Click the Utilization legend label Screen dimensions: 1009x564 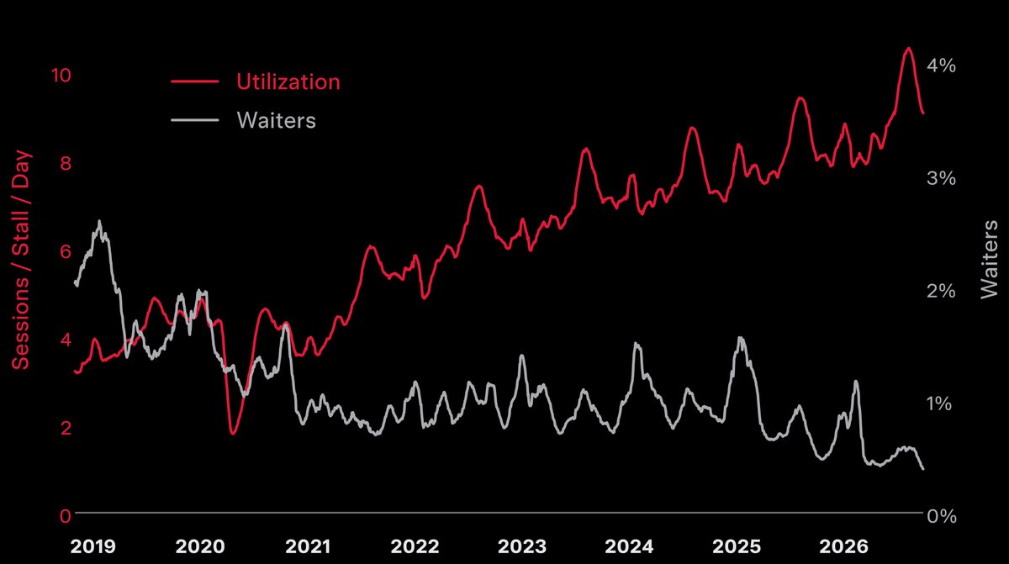pos(288,82)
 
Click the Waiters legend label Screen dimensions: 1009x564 pos(276,120)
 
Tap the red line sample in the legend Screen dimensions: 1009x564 pos(194,82)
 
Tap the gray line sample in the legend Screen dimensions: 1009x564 pos(194,120)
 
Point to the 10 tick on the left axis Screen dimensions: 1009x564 pos(61,75)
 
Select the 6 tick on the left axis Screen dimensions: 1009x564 pos(66,251)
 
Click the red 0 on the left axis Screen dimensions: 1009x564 pos(66,516)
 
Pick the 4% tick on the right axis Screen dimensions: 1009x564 pos(941,66)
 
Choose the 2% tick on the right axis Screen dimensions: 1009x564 pos(941,291)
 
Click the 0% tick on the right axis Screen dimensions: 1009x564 pos(942,516)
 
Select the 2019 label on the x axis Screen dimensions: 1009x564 pos(92,546)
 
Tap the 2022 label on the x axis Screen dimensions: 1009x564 pos(415,546)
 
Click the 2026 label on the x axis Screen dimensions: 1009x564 pos(843,546)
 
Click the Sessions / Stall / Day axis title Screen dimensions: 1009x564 pos(20,260)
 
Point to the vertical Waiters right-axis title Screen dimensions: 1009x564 pos(989,260)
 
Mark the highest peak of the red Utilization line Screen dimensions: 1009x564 pos(908,48)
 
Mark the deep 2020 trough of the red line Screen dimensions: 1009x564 pos(233,433)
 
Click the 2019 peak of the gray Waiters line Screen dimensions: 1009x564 pos(99,221)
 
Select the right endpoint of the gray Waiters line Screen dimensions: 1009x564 pos(923,469)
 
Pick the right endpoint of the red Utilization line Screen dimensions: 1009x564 pos(923,113)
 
